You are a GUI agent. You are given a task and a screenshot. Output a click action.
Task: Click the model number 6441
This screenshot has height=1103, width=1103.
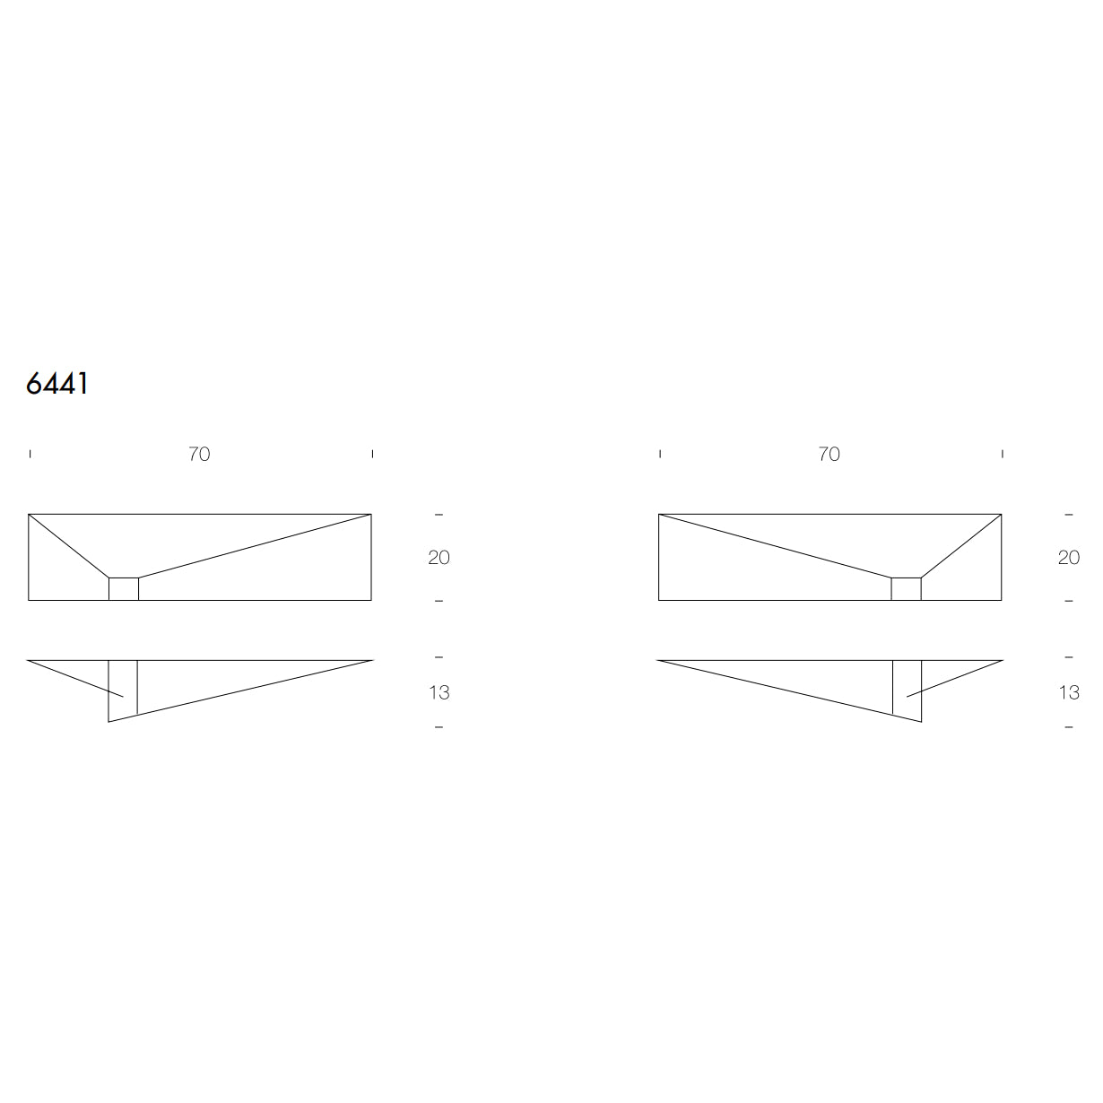click(x=57, y=383)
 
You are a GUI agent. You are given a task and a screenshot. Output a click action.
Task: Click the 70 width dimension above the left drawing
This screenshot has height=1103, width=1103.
click(x=199, y=454)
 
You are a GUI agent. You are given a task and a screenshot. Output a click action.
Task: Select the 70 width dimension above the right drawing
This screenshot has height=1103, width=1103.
click(x=829, y=454)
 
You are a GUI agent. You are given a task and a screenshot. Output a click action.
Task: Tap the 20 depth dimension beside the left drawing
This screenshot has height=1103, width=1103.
click(x=439, y=558)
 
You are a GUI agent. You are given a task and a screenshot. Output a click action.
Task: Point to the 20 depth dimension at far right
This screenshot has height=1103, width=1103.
click(x=1069, y=558)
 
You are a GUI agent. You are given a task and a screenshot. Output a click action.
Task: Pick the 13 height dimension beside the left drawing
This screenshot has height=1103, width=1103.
click(x=439, y=692)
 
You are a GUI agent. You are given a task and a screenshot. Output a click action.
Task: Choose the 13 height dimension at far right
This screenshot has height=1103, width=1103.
click(x=1069, y=692)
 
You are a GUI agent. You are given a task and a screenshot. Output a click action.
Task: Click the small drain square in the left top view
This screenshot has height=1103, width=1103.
click(x=124, y=589)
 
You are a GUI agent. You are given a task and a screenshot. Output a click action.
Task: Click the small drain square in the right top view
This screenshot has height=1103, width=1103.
click(x=906, y=589)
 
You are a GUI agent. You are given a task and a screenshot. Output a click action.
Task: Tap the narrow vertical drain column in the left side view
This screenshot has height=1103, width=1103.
click(x=123, y=689)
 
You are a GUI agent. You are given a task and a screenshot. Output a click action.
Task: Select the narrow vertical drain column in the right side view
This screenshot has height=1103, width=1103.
click(x=907, y=689)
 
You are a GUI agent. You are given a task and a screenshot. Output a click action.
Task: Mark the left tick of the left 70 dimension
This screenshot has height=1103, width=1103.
click(x=30, y=454)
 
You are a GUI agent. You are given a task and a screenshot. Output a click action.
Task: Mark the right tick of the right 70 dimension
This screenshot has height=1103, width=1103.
click(x=1003, y=454)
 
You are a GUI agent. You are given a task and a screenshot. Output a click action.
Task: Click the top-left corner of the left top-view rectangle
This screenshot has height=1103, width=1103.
click(x=29, y=515)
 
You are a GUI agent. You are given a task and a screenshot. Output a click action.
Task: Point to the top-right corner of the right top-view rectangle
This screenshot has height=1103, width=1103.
click(x=1001, y=515)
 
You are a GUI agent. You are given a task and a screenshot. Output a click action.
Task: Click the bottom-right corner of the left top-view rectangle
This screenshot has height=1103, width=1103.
click(x=371, y=600)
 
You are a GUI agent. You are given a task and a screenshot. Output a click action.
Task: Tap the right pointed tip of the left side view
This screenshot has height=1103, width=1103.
click(x=371, y=661)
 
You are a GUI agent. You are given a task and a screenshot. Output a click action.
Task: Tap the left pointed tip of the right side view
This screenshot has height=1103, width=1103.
click(x=658, y=661)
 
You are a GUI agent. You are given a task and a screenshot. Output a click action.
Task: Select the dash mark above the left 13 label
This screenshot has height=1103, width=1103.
click(x=439, y=657)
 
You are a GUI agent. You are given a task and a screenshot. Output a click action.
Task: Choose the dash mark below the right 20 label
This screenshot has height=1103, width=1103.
click(x=1069, y=601)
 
